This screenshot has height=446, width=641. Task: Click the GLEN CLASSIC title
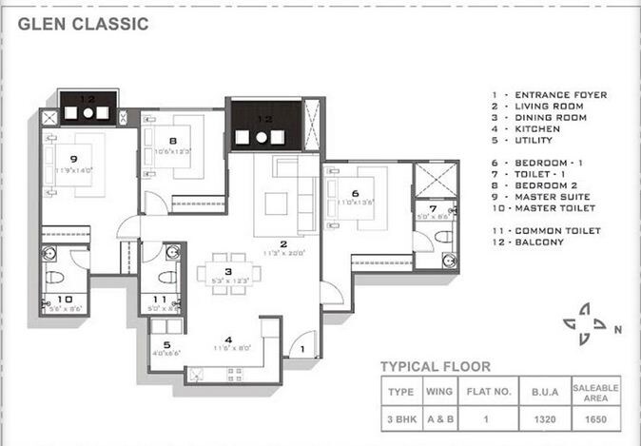pos(83,24)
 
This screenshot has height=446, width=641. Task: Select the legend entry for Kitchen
pos(541,129)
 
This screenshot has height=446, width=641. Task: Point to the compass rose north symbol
pos(589,324)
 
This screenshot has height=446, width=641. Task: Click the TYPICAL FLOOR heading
pos(436,366)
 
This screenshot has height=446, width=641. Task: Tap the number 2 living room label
pos(283,243)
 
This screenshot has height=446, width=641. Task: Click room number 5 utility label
pos(167,345)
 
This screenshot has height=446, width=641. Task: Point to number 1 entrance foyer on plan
pos(302,350)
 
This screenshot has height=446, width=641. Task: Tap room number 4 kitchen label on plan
pos(228,339)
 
